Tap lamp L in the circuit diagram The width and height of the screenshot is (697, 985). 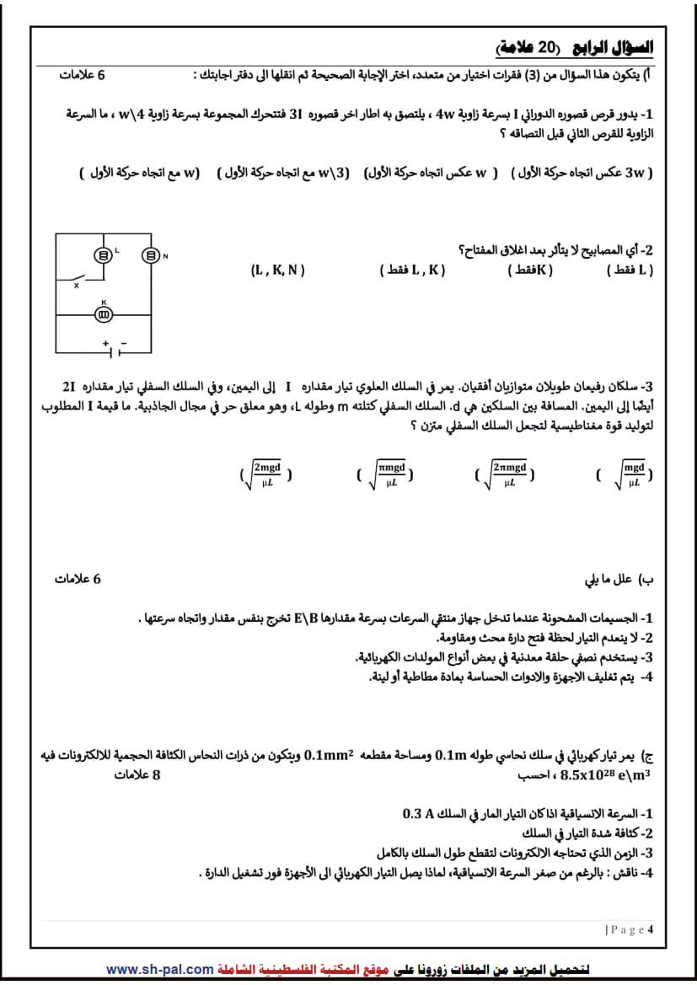click(103, 256)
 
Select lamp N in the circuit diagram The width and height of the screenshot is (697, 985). click(150, 256)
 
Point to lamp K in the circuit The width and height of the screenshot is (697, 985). click(103, 314)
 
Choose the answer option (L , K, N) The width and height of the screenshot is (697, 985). click(277, 270)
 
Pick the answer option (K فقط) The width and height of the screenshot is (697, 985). click(531, 270)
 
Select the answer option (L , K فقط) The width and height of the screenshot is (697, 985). click(412, 270)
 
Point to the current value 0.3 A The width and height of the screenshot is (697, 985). click(418, 814)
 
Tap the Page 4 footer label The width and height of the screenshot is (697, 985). click(630, 929)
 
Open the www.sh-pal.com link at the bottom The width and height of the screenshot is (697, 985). click(159, 970)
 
